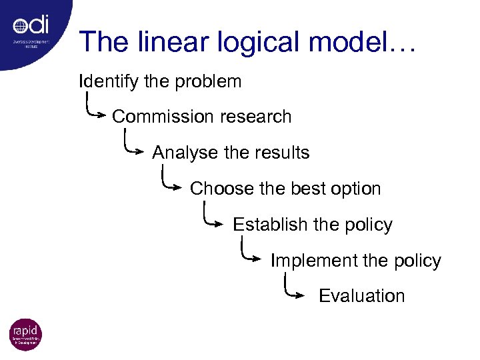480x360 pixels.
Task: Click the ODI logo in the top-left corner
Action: click(x=31, y=29)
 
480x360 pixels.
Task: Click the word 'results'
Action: click(x=282, y=153)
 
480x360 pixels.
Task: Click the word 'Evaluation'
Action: click(x=362, y=296)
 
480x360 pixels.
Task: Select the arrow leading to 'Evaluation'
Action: click(x=293, y=290)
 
